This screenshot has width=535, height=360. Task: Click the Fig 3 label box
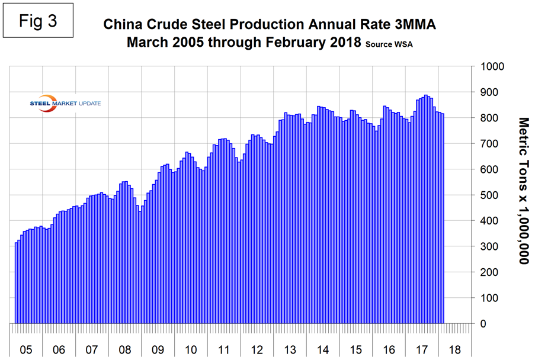click(40, 21)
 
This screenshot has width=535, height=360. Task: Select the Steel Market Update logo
click(65, 102)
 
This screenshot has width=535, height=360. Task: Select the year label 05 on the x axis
click(25, 349)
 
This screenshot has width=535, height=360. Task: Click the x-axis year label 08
click(124, 349)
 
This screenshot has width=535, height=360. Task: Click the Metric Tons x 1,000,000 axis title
click(521, 189)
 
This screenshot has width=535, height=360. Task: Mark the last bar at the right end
click(443, 218)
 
